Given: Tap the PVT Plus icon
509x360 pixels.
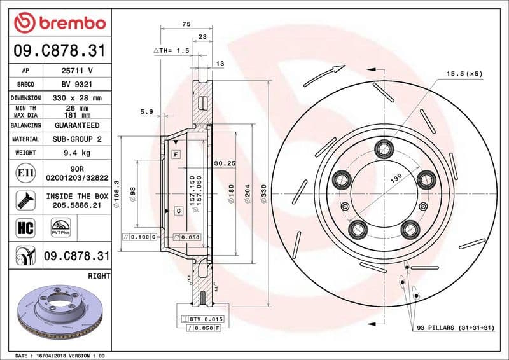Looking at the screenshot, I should coord(61,226).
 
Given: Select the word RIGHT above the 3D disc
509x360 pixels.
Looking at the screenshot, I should coord(99,276).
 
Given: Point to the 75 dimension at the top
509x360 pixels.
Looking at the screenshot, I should coord(186,24).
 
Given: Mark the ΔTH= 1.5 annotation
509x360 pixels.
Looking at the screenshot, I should coord(172,50).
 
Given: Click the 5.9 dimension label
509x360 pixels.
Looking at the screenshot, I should coord(146,112).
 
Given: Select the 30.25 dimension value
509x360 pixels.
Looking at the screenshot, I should coord(225,163).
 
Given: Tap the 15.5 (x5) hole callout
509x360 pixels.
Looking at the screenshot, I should coord(464,74).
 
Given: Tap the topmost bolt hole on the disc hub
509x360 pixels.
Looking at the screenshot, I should coord(384,149).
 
